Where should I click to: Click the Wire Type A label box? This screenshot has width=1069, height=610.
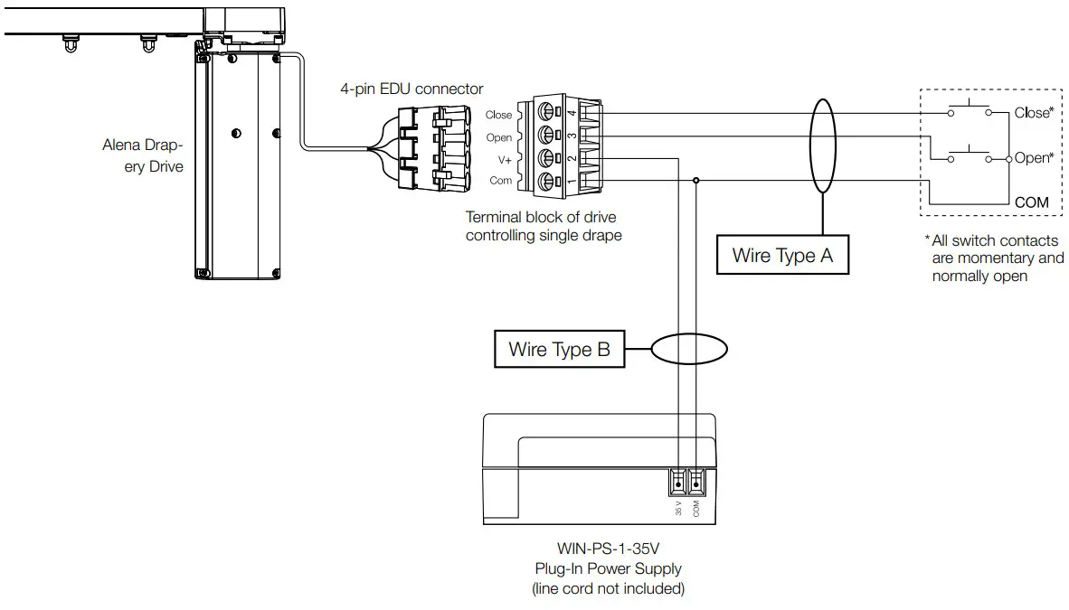click(x=782, y=255)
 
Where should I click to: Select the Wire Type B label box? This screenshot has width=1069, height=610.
click(x=559, y=349)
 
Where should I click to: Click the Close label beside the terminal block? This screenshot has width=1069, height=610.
click(x=498, y=115)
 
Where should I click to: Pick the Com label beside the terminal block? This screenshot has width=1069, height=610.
click(x=500, y=181)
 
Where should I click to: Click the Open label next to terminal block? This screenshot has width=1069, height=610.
click(x=498, y=137)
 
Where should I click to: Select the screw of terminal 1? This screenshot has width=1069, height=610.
click(x=547, y=182)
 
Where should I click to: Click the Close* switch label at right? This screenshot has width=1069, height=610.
click(x=1033, y=113)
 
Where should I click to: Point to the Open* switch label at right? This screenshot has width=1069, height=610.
click(x=1034, y=158)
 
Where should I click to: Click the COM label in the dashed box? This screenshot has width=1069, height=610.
click(x=1031, y=202)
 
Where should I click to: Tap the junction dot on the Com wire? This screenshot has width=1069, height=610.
click(x=695, y=181)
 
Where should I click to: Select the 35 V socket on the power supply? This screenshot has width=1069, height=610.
click(x=678, y=481)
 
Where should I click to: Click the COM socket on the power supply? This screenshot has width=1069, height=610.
click(x=695, y=481)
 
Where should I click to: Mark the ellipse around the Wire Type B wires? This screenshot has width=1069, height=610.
click(x=688, y=349)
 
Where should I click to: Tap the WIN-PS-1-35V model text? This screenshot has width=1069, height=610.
click(x=607, y=549)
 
